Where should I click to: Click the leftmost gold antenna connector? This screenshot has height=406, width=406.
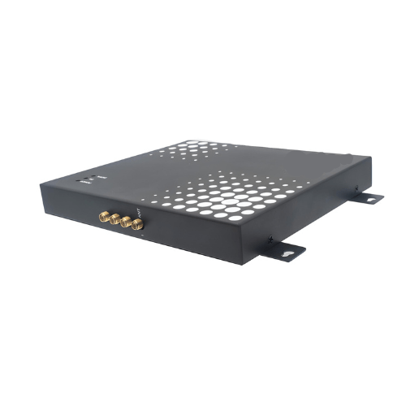coord(103,214)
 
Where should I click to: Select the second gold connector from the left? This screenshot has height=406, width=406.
coord(114,218)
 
